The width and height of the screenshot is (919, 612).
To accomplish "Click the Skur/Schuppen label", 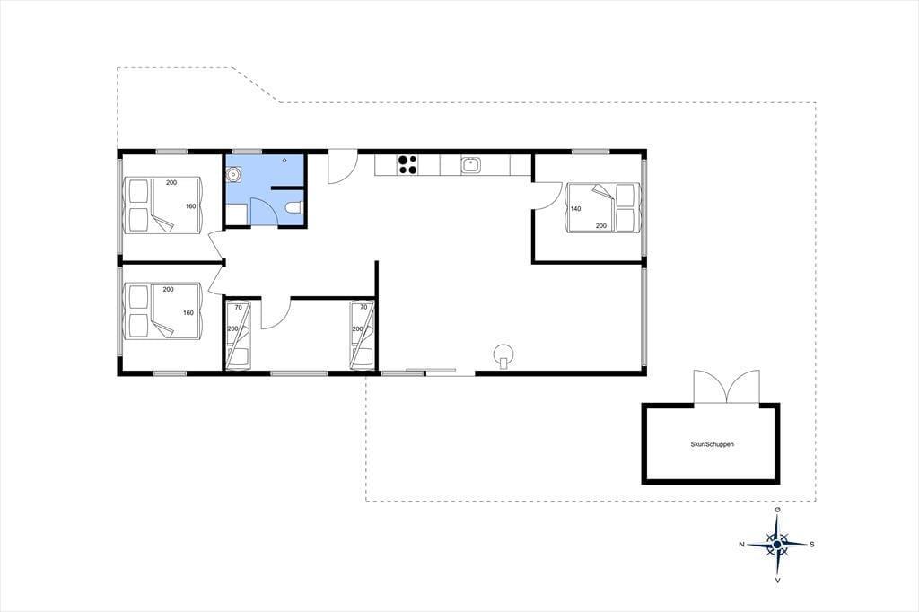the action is [x=712, y=444].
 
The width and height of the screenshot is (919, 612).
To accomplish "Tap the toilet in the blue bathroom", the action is [x=293, y=207].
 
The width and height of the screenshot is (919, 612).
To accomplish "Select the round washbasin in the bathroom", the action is [x=234, y=173].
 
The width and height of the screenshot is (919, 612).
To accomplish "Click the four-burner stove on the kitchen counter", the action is [x=407, y=164].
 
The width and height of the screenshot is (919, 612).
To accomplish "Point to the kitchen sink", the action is [x=470, y=165].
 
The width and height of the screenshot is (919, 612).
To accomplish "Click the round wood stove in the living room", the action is [x=503, y=355].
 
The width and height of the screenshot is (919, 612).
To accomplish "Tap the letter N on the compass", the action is [x=741, y=545].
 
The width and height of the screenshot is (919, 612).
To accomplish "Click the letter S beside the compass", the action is [x=811, y=545].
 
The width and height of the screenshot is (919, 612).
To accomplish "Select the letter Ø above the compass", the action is [x=777, y=510].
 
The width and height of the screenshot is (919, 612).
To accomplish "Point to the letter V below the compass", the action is [x=777, y=581].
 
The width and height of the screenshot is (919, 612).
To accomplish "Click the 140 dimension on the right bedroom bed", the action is [x=575, y=209].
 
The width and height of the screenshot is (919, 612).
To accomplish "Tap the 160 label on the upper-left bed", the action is [x=190, y=206].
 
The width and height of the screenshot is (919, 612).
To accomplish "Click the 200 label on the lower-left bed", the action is [x=168, y=290].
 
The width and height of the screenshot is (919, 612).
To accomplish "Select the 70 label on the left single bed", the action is [x=239, y=307].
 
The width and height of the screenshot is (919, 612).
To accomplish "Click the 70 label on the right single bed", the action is [x=363, y=307].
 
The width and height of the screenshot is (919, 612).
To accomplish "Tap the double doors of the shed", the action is [x=727, y=387].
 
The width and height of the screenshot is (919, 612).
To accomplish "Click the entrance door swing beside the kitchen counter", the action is [x=342, y=168].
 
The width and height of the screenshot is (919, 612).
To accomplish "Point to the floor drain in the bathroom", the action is [x=284, y=160].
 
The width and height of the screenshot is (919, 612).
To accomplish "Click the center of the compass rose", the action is [x=777, y=545].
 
